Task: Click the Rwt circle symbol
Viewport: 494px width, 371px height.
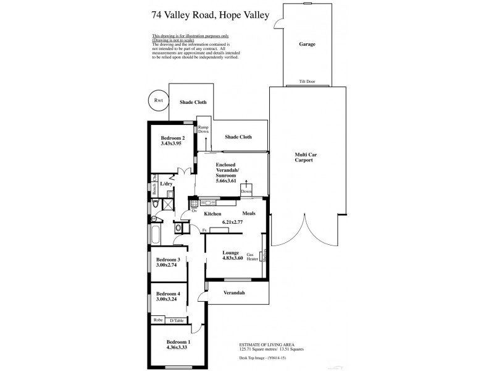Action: click(x=157, y=100)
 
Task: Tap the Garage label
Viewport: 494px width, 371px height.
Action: click(x=308, y=45)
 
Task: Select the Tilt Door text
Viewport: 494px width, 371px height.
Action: click(x=308, y=82)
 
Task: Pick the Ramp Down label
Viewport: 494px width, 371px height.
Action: click(x=203, y=129)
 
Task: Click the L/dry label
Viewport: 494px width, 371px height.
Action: click(x=166, y=184)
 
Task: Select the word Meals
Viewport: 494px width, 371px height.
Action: click(x=249, y=214)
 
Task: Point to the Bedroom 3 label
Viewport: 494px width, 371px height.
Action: click(x=168, y=260)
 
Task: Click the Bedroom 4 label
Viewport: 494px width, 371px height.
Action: click(x=168, y=294)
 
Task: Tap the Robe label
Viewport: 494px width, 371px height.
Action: click(x=158, y=320)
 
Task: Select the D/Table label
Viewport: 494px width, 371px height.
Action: click(x=177, y=320)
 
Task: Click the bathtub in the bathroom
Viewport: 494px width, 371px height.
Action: click(x=155, y=235)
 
